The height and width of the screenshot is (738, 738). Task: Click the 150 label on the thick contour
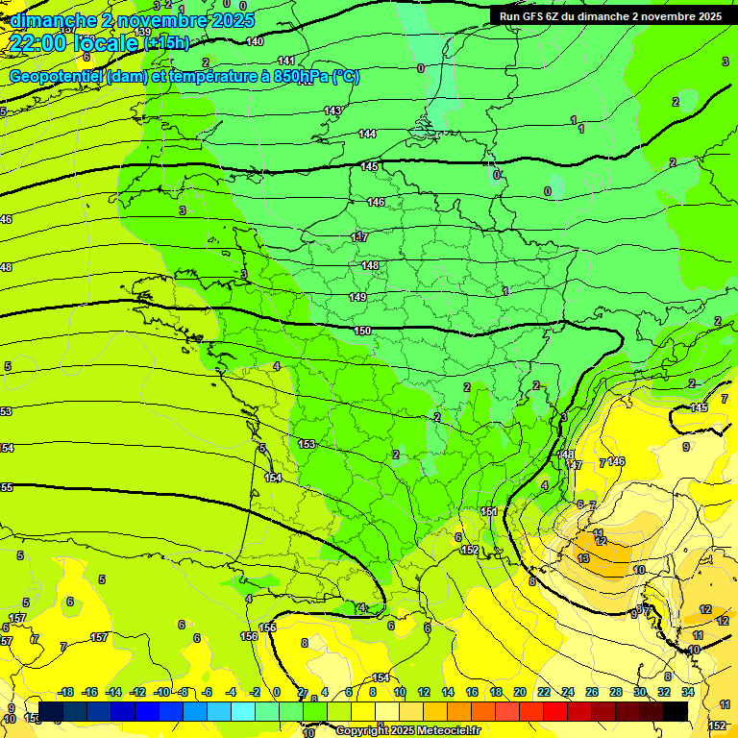(362, 332)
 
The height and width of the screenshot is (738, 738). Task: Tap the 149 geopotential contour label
(357, 298)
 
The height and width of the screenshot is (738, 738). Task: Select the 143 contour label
(332, 111)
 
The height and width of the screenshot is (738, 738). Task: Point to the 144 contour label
(367, 135)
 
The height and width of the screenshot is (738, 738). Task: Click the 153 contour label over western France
(307, 445)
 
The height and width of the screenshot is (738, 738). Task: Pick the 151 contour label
(489, 513)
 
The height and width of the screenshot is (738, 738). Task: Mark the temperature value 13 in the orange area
(583, 559)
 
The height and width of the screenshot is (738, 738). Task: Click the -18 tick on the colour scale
(66, 692)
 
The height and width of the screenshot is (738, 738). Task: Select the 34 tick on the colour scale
(687, 692)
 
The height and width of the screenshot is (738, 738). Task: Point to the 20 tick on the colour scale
(519, 692)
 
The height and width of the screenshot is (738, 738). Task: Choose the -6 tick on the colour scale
(208, 692)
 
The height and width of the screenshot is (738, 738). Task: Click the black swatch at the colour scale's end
(676, 711)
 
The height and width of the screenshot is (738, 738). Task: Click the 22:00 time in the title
(38, 42)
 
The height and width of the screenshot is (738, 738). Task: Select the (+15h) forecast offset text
(167, 43)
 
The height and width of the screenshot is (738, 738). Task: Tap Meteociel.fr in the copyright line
(443, 731)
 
